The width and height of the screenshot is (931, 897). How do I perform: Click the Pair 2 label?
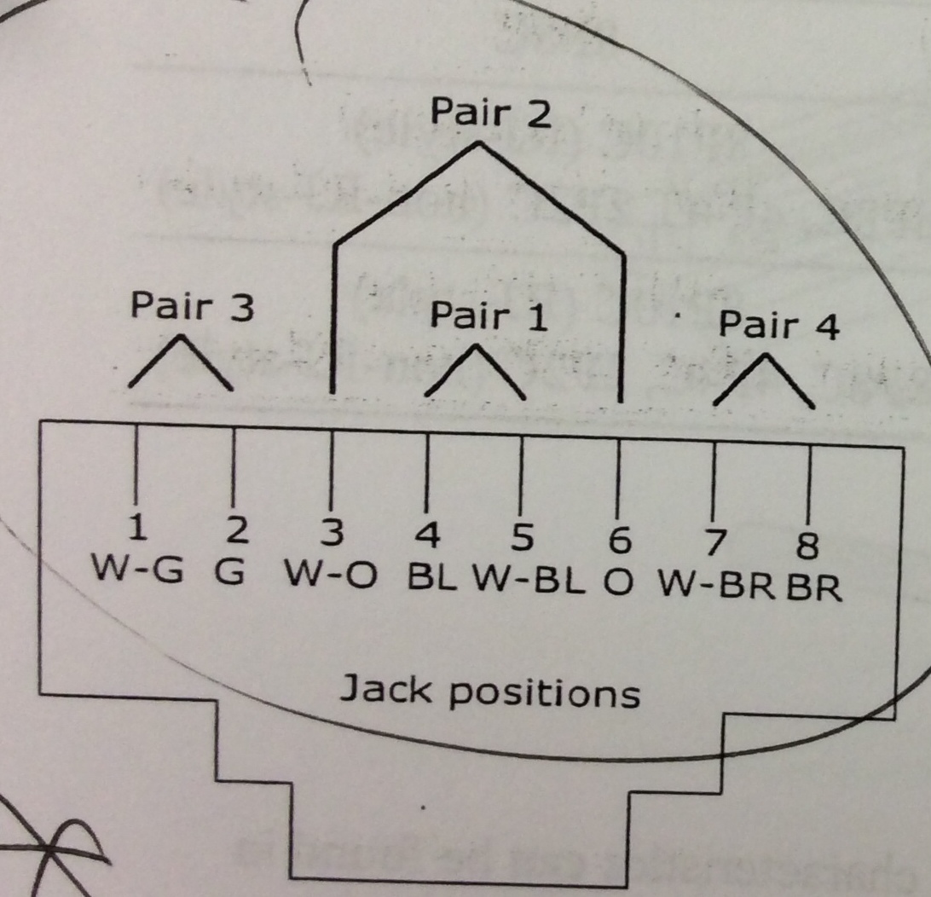pos(491,113)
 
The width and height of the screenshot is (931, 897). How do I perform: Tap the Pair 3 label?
pos(192,308)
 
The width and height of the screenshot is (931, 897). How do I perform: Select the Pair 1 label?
pos(489,316)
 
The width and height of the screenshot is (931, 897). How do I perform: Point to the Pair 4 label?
pos(779,326)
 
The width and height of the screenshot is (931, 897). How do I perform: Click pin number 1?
pos(136,531)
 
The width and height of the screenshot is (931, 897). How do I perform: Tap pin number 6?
pos(620,540)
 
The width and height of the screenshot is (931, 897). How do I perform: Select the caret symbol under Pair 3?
pos(181,362)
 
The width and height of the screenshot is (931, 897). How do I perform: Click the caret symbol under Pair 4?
pos(763,379)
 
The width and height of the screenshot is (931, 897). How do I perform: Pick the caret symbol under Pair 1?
pos(475,373)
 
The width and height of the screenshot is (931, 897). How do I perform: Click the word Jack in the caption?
pos(387,689)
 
